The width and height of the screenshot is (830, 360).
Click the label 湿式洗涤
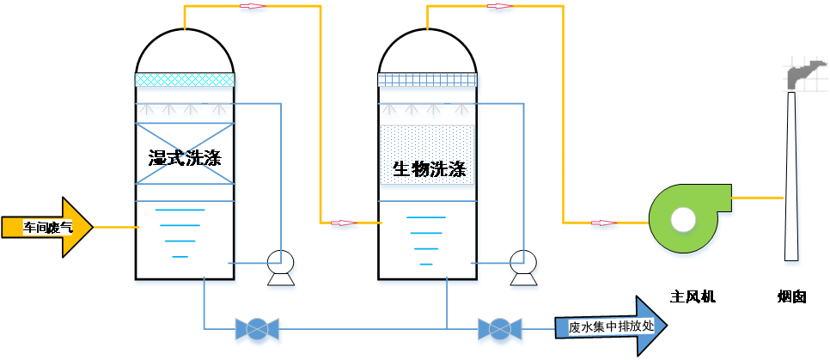coord(185,158)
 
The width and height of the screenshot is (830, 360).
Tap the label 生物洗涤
coord(429,169)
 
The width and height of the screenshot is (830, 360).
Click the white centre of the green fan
coord(683,220)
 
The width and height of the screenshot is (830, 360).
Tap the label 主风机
coord(693,297)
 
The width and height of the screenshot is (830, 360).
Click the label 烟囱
coord(791,297)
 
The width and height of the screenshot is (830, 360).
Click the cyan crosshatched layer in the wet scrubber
coord(185,79)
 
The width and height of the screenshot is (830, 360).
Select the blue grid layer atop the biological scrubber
coord(428,79)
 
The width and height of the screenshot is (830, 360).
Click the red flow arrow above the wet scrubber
coord(253,7)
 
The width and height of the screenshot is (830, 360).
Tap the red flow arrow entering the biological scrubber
coord(344,223)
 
